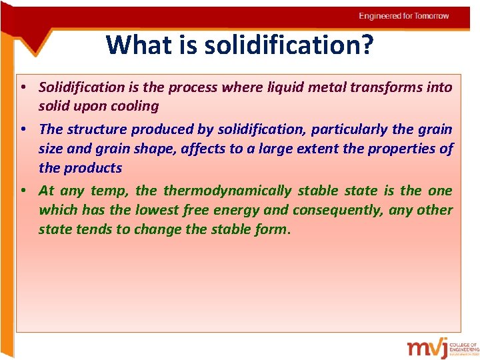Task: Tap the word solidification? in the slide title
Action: point(289,45)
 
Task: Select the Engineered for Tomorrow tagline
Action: point(403,16)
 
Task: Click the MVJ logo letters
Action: point(427,348)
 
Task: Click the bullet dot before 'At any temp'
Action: point(23,191)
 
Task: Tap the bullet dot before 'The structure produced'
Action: point(23,129)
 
